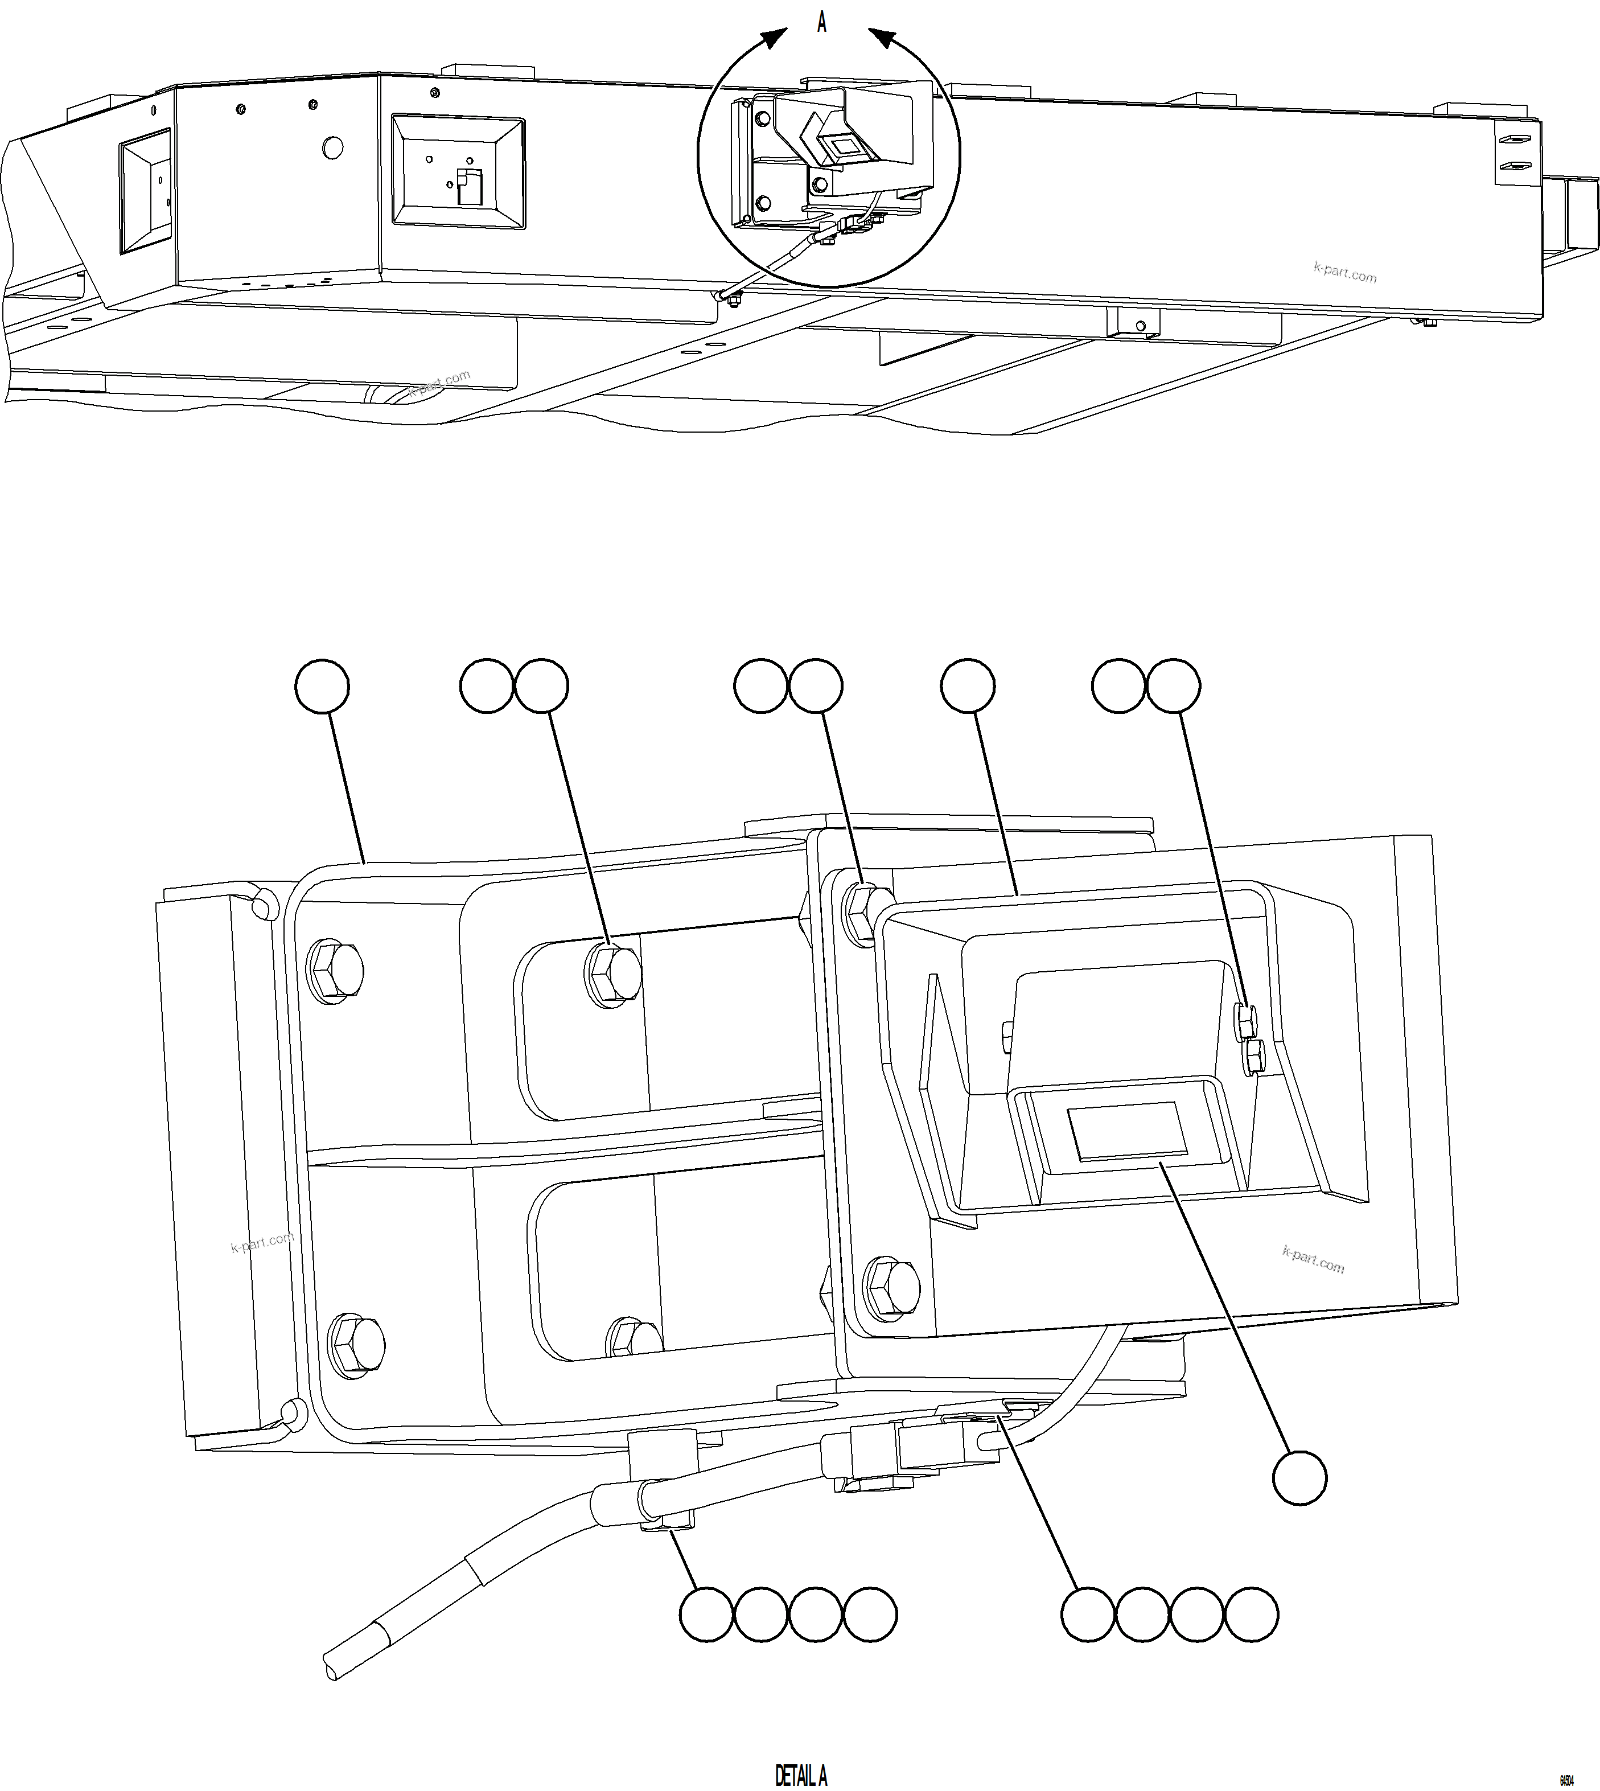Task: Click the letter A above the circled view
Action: [x=822, y=23]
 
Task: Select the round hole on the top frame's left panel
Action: [x=332, y=147]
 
